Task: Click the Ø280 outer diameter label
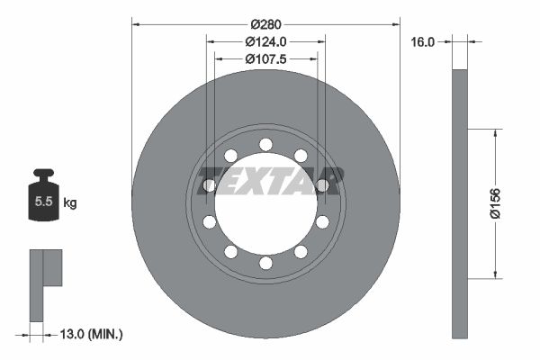coord(265,24)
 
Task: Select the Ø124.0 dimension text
coord(265,41)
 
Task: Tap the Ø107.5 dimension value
coord(265,59)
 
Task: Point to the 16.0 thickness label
coord(423,42)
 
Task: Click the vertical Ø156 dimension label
coord(495,203)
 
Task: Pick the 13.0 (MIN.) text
coord(91,334)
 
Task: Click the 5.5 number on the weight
coord(43,202)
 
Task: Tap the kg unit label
coord(70,202)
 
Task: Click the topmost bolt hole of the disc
coord(265,144)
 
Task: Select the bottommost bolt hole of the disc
coord(265,263)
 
